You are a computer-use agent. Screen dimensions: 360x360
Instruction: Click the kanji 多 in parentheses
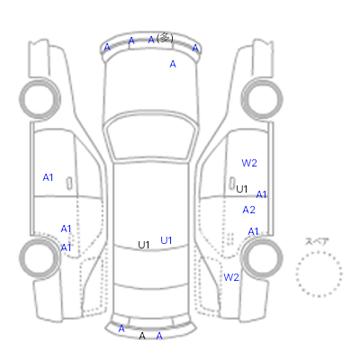pos(165,38)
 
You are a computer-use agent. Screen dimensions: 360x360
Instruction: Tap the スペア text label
pos(317,241)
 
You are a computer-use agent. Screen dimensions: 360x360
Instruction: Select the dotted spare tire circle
pos(319,274)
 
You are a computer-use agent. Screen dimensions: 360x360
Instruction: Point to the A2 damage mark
pos(248,210)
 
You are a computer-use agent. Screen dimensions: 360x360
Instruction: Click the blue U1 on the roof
pos(166,240)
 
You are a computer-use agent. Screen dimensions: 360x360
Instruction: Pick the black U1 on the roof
pos(144,245)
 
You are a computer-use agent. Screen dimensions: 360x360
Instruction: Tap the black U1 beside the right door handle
pos(242,189)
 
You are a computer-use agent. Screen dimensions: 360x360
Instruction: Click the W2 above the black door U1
pos(249,163)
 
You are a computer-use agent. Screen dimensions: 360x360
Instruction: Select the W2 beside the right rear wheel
pos(231,277)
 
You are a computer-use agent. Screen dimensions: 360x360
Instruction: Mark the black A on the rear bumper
pos(142,336)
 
